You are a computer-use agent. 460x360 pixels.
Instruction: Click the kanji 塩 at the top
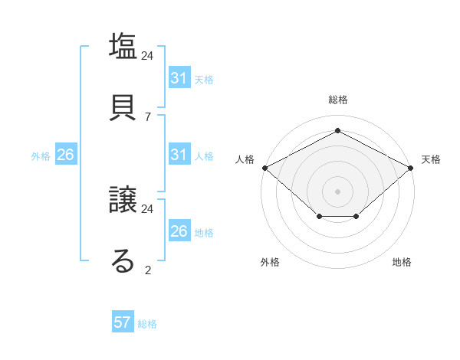click(123, 46)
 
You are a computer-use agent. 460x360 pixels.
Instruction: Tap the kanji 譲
click(123, 201)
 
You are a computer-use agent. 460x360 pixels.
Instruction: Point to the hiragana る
click(123, 260)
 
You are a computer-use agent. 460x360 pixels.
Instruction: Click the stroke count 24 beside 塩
click(148, 56)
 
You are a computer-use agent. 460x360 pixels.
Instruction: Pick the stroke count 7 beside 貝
click(148, 116)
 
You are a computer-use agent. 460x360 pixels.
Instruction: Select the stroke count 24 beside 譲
click(148, 208)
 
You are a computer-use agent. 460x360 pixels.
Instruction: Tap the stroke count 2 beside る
click(148, 270)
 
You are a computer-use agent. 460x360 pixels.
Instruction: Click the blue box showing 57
click(123, 322)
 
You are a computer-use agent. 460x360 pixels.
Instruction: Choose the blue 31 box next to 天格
click(179, 78)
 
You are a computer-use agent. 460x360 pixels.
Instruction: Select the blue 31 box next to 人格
click(179, 155)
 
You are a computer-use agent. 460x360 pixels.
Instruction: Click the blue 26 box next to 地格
click(179, 231)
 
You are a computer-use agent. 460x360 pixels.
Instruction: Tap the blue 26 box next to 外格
click(65, 155)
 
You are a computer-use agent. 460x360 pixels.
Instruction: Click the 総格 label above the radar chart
click(338, 100)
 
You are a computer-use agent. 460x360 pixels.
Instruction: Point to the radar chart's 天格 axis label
click(431, 159)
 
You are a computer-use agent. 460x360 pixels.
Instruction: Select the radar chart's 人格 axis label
click(245, 159)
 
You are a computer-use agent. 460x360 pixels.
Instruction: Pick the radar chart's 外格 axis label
click(270, 263)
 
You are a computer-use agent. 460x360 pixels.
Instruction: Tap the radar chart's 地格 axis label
click(402, 263)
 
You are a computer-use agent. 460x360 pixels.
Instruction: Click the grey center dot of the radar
click(337, 191)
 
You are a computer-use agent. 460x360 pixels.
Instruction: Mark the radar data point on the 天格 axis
click(411, 167)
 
